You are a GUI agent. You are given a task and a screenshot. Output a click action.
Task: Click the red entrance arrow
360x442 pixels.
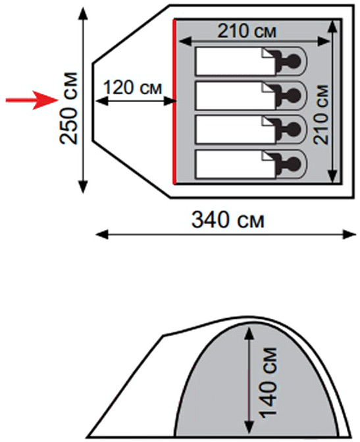(32, 99)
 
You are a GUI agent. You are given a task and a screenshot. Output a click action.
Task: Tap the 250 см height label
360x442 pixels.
(68, 108)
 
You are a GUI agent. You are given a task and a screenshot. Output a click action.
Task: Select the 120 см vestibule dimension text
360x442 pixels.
(133, 88)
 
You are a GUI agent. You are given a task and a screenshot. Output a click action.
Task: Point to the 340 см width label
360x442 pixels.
(228, 220)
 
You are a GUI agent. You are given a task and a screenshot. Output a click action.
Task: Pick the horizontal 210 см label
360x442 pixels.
(247, 31)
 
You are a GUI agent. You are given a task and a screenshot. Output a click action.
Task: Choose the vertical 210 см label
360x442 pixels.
(321, 115)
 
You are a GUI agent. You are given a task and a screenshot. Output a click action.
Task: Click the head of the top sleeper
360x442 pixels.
(294, 61)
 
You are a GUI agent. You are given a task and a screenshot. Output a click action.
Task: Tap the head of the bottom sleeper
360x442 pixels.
(294, 164)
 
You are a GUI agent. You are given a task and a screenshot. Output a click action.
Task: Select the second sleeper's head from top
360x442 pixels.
(294, 96)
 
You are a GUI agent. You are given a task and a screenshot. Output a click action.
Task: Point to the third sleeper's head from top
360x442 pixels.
(294, 129)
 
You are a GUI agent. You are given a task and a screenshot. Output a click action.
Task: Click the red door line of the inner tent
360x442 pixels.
(174, 101)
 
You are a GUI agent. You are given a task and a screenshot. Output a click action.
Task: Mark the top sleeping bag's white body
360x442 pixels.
(236, 61)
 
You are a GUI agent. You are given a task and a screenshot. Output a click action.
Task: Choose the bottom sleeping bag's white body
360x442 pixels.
(236, 165)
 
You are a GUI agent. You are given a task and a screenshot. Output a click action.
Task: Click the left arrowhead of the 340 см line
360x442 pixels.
(102, 235)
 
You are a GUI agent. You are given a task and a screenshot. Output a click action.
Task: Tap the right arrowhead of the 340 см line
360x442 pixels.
(349, 235)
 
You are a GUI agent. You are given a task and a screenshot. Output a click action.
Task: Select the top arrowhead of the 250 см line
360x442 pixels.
(83, 14)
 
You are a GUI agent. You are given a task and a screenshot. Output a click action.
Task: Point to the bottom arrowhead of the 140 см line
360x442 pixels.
(249, 428)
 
